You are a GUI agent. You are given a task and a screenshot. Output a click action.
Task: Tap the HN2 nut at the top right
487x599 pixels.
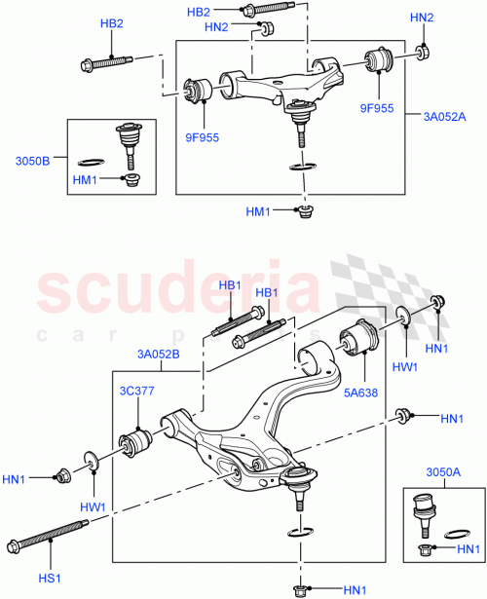click(x=421, y=51)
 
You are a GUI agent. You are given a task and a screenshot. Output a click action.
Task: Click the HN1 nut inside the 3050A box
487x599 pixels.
click(x=427, y=551)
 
